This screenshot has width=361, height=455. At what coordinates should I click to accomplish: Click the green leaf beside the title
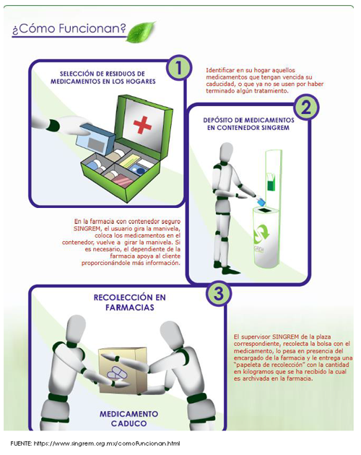141,32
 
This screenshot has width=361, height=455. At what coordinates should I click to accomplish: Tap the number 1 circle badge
178,68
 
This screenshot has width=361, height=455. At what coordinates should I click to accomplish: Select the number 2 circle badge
305,107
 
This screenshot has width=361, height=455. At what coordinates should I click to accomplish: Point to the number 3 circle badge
219,293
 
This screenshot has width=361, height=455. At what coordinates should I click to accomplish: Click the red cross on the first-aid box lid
142,125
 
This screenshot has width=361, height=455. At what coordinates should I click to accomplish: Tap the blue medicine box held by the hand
95,138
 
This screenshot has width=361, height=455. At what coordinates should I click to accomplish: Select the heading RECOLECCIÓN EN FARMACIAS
129,303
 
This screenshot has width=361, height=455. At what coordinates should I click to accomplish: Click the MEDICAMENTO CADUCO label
129,418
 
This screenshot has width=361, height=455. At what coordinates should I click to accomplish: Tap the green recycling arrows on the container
261,232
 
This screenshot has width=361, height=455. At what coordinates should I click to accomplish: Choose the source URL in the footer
107,443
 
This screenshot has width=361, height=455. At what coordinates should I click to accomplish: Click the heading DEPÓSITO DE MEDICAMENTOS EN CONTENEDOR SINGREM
248,124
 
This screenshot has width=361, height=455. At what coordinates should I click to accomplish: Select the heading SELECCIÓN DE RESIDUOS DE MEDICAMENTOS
103,77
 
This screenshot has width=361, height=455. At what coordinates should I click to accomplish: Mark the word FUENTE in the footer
21,443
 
